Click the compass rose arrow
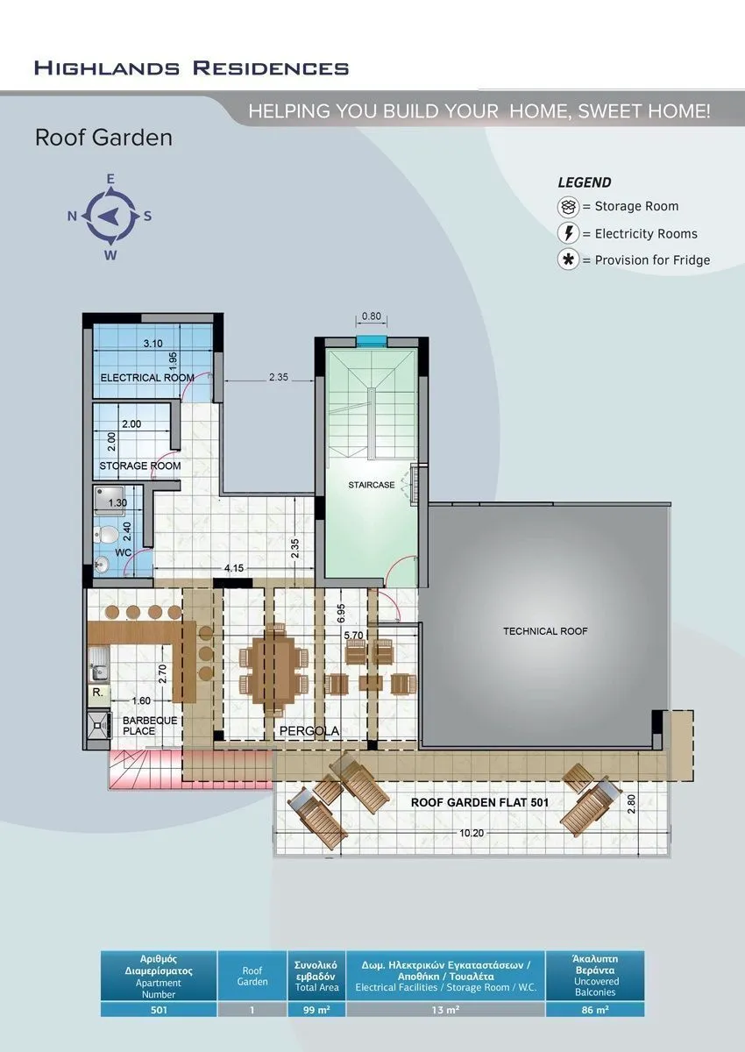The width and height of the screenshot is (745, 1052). tap(108, 217)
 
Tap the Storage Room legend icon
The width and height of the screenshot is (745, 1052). tap(568, 207)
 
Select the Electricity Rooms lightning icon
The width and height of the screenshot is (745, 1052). tap(568, 233)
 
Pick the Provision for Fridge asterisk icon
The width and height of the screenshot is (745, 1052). tap(568, 259)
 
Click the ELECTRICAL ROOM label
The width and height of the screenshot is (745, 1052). tap(147, 378)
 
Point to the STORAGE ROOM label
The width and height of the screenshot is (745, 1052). tap(140, 466)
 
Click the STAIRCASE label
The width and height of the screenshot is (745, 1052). tap(372, 485)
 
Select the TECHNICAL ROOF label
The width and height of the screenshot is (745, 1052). tap(545, 631)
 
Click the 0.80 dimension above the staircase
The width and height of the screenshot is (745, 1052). tap(372, 316)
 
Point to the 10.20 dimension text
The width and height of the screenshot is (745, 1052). tap(472, 833)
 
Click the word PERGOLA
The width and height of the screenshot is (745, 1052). tap(309, 731)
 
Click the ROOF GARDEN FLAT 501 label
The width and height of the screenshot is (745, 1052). tap(479, 803)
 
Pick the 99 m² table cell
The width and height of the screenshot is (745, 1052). tap(316, 1009)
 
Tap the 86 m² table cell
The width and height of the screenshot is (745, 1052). tap(595, 1009)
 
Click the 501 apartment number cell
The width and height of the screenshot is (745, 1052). tap(159, 1009)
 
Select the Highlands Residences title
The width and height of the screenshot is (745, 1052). tap(192, 68)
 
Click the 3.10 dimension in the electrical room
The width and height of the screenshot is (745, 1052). tap(153, 344)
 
